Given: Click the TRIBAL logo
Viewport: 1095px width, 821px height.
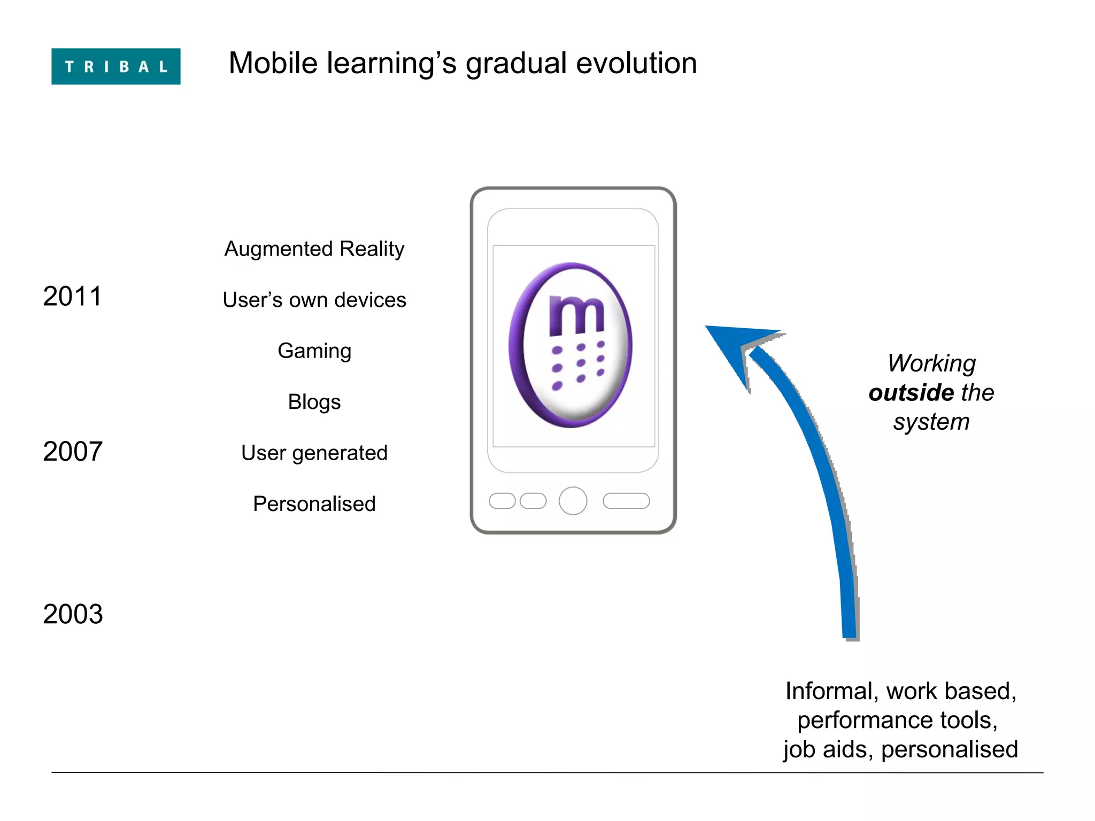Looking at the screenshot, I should [x=115, y=66].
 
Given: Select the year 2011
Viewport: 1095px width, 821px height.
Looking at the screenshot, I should [x=72, y=296].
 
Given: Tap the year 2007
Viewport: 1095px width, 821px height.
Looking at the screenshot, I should [x=73, y=452].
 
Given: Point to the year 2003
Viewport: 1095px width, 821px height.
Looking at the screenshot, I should [x=73, y=614].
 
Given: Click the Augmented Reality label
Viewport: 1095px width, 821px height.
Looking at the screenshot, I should [x=314, y=249].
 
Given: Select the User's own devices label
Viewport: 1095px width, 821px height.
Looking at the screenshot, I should [x=314, y=300].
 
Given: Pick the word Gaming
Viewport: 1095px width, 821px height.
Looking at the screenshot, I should [x=314, y=351].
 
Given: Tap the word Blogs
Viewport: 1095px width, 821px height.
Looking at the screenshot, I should [x=314, y=402].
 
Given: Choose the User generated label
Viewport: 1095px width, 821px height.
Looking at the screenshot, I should [x=314, y=453].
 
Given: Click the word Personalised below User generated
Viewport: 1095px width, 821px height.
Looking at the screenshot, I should [x=314, y=504].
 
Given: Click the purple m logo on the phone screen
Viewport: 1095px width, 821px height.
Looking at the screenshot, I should [x=570, y=345].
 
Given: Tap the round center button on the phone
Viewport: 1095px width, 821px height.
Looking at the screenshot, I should [x=573, y=501].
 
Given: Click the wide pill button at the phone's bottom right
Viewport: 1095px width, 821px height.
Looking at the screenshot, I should [x=626, y=501].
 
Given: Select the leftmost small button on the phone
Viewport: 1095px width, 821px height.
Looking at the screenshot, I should [x=502, y=501].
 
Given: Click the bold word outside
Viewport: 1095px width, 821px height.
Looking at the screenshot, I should [x=911, y=393].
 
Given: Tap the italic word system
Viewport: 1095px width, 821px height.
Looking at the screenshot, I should [x=931, y=422].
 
